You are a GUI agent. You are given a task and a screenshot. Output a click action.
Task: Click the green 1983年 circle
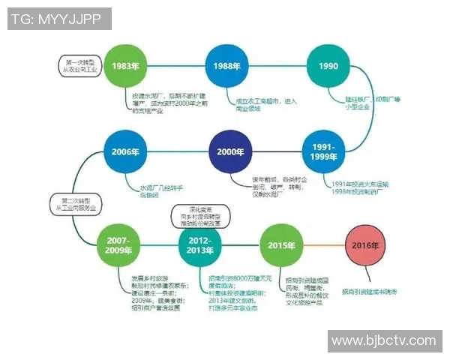[x=125, y=66]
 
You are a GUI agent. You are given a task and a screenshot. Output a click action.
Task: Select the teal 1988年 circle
[x=227, y=66]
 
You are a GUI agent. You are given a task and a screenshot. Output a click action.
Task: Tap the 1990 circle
[x=328, y=66]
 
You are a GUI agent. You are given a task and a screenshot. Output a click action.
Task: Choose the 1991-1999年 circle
[x=324, y=151]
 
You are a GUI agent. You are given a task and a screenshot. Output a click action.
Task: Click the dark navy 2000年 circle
[x=229, y=151]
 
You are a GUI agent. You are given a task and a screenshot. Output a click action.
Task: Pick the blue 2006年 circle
[x=125, y=151]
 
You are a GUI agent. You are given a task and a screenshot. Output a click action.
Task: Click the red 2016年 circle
[x=367, y=245]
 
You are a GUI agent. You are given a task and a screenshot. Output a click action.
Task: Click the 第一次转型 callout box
[x=81, y=65]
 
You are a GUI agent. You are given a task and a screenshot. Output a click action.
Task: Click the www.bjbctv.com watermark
[x=383, y=340]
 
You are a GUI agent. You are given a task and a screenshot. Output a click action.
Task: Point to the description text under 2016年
[x=369, y=291]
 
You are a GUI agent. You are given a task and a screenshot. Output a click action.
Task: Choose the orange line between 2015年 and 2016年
[x=323, y=245]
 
